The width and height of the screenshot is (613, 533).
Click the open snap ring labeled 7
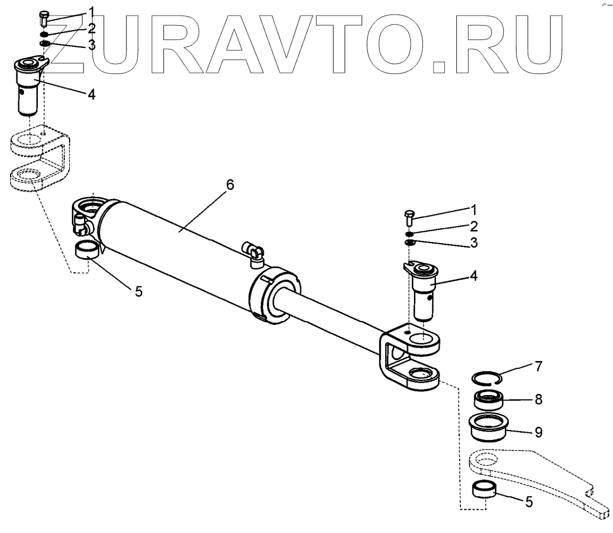(486, 378)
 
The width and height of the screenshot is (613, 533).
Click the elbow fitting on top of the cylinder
(255, 252)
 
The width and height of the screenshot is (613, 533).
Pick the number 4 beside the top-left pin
(91, 94)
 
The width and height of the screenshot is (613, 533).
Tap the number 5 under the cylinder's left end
(139, 290)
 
